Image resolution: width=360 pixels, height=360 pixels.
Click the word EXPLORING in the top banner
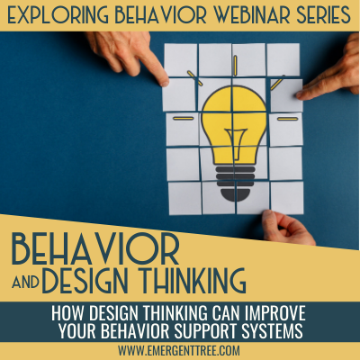pos(59,15)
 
